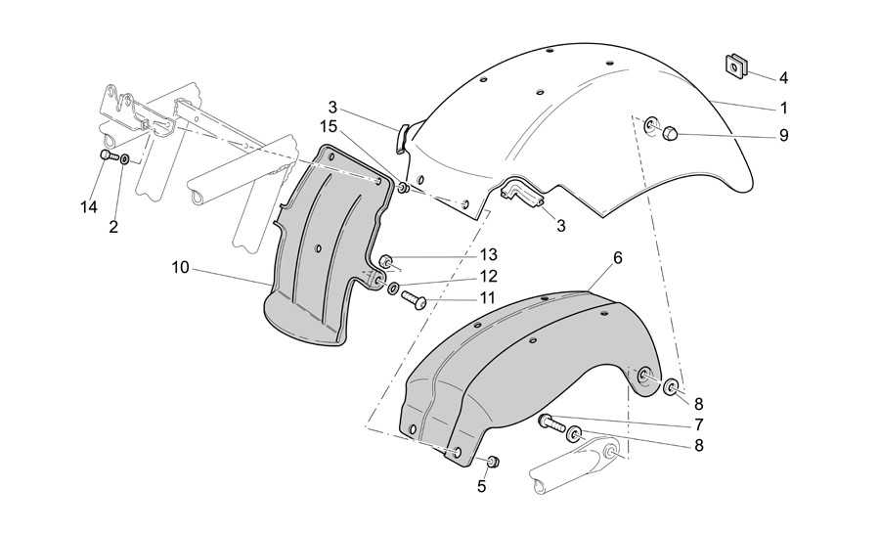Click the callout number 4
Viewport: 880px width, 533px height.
tap(783, 78)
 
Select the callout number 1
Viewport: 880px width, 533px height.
tap(784, 108)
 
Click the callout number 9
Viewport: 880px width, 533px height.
tap(783, 135)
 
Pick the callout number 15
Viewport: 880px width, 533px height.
tap(329, 127)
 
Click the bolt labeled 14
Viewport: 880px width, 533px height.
tap(109, 155)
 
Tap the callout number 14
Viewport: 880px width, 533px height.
tap(88, 207)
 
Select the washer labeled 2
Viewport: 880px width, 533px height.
tap(124, 159)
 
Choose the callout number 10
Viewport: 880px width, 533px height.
tap(180, 268)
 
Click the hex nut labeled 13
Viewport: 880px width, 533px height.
tap(386, 261)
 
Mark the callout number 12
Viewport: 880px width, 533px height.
tap(488, 276)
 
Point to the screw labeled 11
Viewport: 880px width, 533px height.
tap(414, 300)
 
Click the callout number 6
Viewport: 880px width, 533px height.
tap(617, 258)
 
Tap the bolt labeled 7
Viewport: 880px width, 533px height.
tap(551, 422)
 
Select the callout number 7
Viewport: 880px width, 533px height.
tap(699, 424)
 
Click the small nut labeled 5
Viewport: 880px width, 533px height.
tap(493, 462)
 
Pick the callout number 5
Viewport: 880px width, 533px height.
tap(481, 487)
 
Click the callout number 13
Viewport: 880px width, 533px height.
tap(488, 255)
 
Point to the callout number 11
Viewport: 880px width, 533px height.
tap(487, 298)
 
